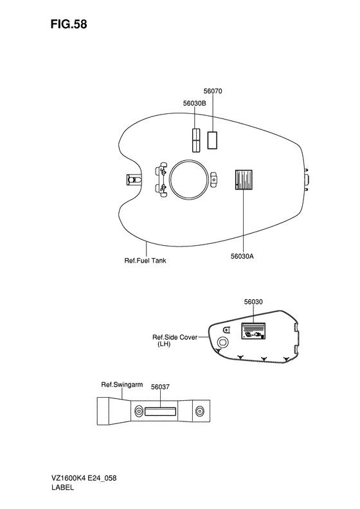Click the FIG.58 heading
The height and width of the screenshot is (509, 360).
(x=68, y=24)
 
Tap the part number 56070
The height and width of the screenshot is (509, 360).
(x=213, y=91)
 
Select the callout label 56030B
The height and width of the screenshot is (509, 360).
(x=195, y=103)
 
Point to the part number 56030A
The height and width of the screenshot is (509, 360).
(x=242, y=256)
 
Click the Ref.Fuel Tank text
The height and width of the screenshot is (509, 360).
(x=145, y=261)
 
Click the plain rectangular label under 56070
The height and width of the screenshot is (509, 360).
(x=212, y=140)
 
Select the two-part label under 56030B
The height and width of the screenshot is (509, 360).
(x=195, y=140)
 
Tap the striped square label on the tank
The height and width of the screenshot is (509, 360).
(x=244, y=180)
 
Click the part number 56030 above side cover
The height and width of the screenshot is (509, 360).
(x=253, y=302)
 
